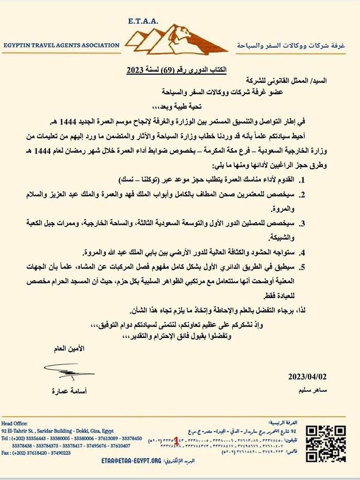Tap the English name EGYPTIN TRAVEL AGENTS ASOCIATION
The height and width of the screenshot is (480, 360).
pyautogui.click(x=60, y=45)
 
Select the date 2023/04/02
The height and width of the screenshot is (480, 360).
pyautogui.click(x=308, y=376)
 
